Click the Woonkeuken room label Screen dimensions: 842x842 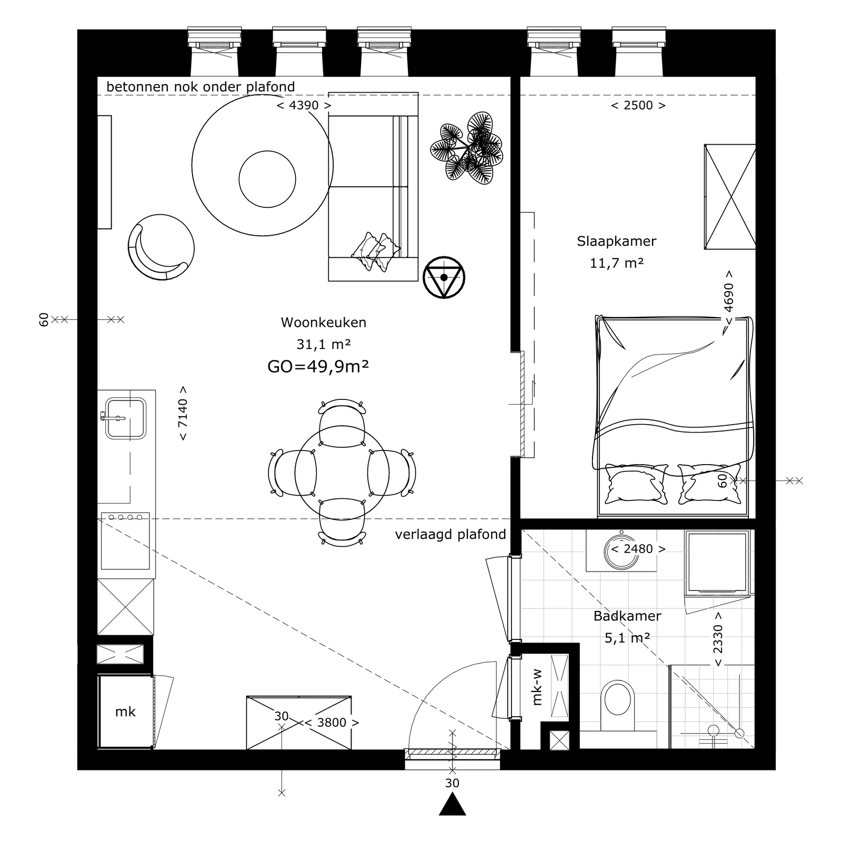coord(323,322)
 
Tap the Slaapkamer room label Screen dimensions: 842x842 coord(616,242)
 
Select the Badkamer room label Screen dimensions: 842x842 coord(627,616)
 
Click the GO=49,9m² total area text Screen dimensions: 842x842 coord(318,366)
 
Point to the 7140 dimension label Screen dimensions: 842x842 coord(183,414)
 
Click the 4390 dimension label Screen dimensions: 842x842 coord(304,105)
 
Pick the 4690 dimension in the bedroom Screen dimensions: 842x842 coord(729,298)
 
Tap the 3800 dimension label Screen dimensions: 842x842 coord(332,723)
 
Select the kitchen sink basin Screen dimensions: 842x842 coord(126,418)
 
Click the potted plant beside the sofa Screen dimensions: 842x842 coord(466,148)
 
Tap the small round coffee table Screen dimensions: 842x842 coord(267,179)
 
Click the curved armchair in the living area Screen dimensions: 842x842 coord(161,247)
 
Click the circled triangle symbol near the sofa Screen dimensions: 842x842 coord(444,277)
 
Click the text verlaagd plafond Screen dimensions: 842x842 coord(450,535)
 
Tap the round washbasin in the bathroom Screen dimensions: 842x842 coord(622,549)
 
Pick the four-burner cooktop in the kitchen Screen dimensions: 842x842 coord(125,541)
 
